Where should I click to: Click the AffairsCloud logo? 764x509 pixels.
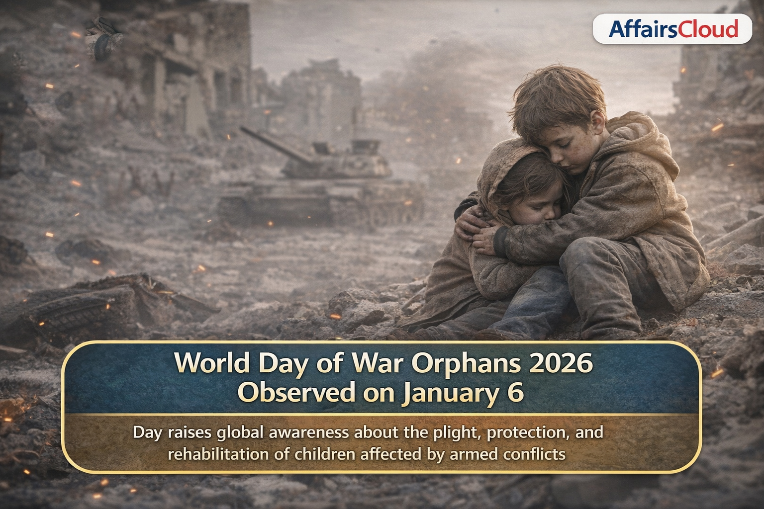coord(672,29)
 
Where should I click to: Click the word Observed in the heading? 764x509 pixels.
coord(297,393)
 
